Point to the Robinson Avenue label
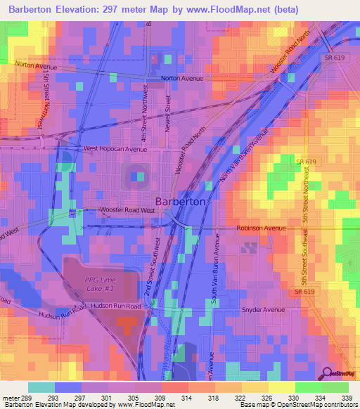pos(261,228)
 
